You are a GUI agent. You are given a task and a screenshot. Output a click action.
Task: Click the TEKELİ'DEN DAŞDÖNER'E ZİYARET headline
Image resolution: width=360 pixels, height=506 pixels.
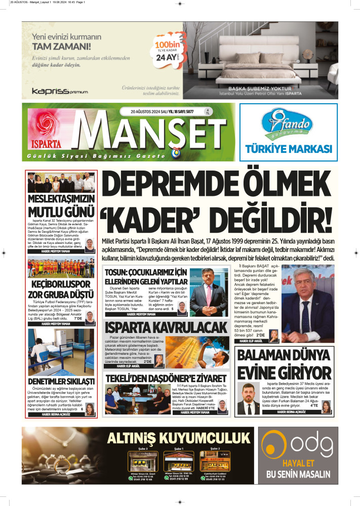pos(165,378)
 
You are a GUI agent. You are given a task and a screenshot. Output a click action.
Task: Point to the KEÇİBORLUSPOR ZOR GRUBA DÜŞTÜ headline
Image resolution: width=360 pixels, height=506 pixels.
pos(61,289)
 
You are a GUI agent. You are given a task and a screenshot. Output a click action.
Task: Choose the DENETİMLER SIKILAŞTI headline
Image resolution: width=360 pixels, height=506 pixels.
pos(61,381)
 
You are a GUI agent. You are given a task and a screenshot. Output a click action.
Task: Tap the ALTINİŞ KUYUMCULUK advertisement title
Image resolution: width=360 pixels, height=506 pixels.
pos(179,438)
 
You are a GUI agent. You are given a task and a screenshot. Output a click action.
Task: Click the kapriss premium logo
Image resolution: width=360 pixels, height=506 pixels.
pos(59,92)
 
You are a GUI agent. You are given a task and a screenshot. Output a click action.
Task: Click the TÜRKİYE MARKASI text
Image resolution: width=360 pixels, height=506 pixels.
pos(288,149)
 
